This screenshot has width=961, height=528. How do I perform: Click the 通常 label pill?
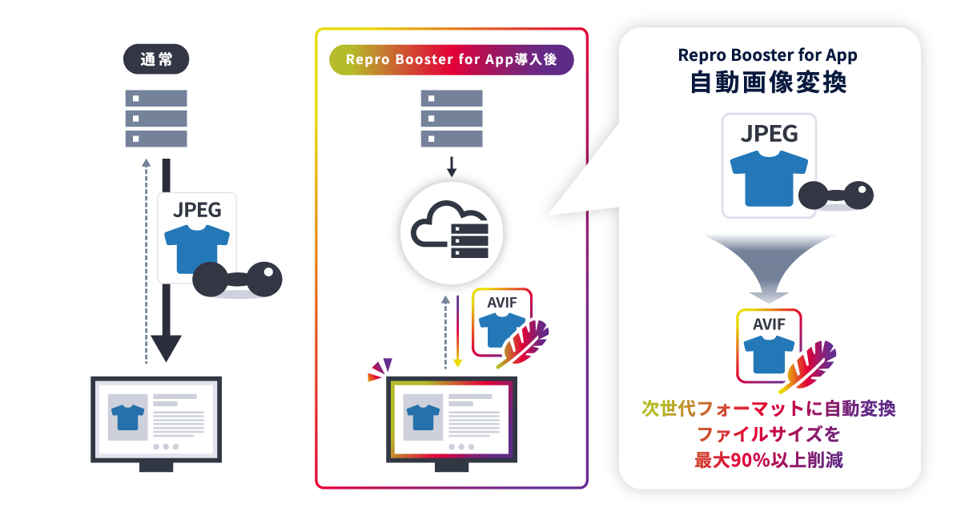[155, 60]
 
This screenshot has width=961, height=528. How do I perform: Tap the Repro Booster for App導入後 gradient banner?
[452, 60]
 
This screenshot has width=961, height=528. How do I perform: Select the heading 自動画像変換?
[768, 83]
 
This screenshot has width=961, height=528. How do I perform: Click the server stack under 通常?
[155, 119]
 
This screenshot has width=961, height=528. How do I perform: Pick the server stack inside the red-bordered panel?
[452, 119]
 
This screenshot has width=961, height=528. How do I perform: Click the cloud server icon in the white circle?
[452, 232]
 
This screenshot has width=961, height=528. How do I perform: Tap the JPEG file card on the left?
[196, 236]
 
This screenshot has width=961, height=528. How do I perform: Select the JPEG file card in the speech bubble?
[768, 165]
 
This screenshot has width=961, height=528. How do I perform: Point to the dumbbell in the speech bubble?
[835, 195]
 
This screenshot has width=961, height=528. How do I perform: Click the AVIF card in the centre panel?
[501, 320]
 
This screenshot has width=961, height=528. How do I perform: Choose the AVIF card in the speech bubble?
[768, 343]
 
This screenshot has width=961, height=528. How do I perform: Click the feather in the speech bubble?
[810, 365]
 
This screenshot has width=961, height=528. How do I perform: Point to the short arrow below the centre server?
[452, 166]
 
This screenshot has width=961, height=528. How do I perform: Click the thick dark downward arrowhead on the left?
[167, 348]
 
